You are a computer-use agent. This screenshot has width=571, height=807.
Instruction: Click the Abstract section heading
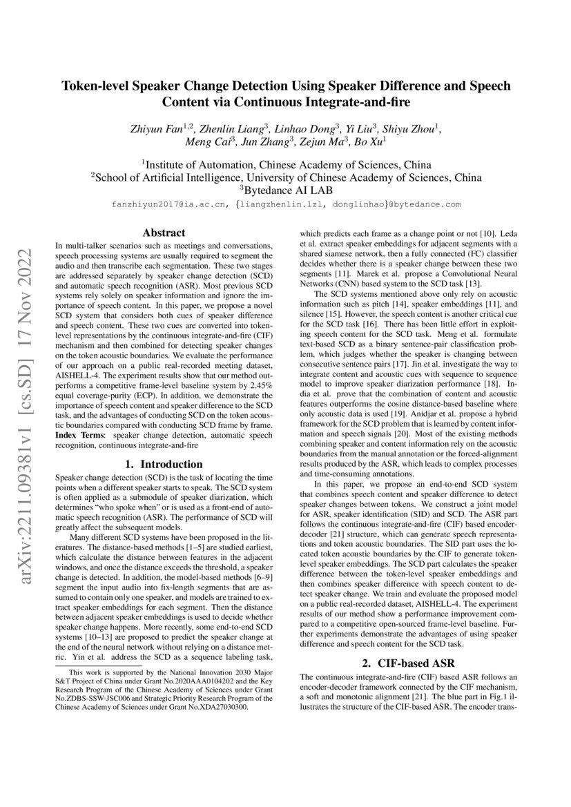[164, 233]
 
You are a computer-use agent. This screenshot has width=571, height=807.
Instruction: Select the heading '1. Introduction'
[164, 464]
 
